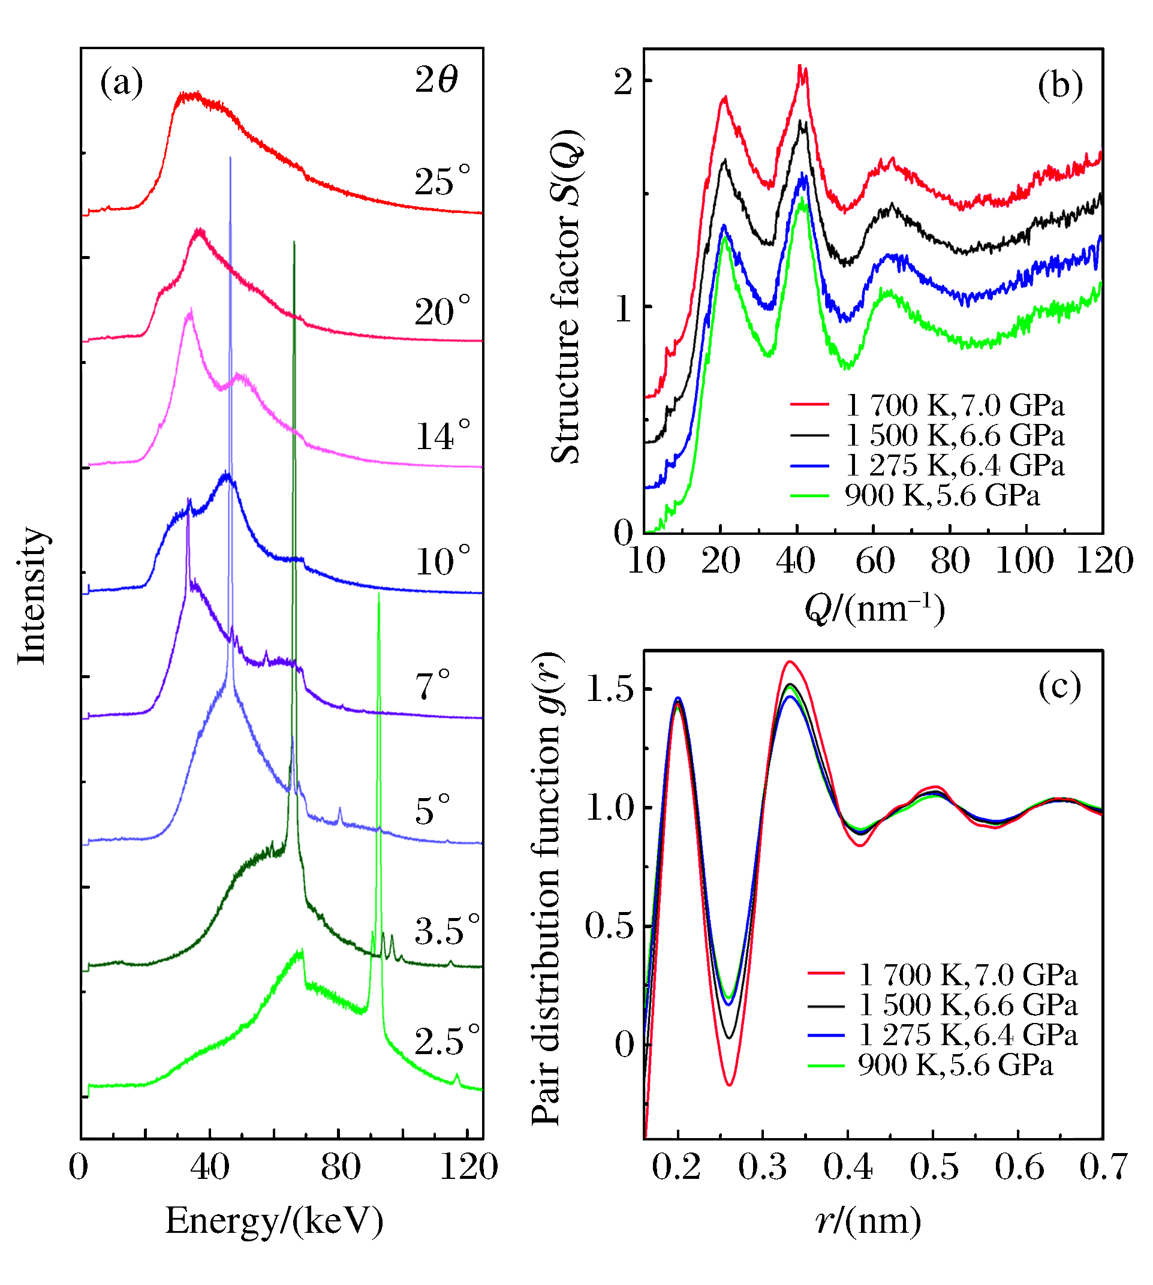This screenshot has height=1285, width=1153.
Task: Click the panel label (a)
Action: click(122, 83)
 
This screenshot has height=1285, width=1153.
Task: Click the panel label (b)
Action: click(1060, 85)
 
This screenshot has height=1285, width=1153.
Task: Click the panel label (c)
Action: click(1060, 686)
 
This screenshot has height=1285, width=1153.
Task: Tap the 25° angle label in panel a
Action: click(443, 182)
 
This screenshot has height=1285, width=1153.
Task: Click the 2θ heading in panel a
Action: click(436, 80)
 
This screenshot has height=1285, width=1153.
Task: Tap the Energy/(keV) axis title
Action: click(275, 1220)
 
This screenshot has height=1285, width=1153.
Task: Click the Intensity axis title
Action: click(32, 595)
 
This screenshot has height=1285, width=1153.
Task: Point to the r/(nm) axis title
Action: click(869, 1220)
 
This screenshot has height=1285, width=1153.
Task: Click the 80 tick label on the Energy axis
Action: click(340, 1166)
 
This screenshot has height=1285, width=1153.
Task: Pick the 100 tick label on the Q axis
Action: click(1025, 561)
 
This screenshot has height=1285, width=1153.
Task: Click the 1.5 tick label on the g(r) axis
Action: click(609, 689)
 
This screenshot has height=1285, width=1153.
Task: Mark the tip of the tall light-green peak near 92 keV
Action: click(379, 593)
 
